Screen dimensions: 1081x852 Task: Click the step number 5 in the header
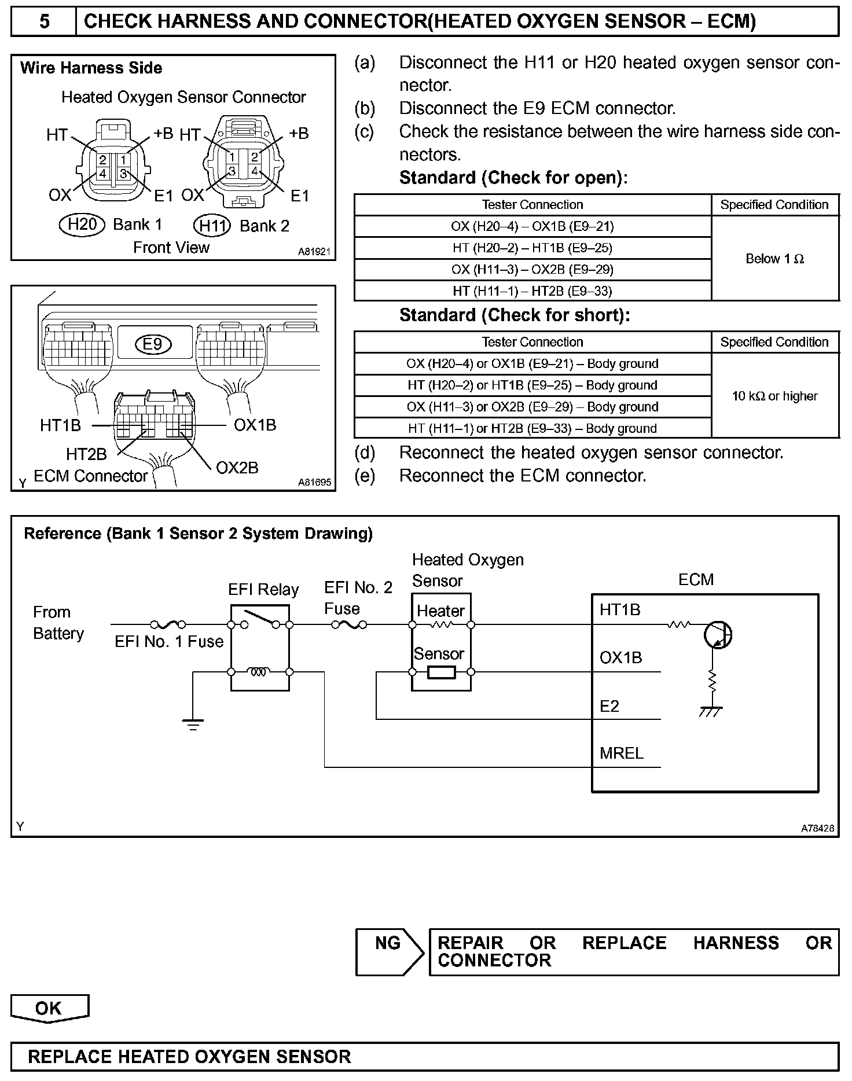[x=44, y=22]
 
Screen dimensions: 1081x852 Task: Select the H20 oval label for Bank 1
[x=82, y=224]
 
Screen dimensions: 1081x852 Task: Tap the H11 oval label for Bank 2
[x=212, y=225]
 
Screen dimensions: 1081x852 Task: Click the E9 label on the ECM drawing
[x=153, y=344]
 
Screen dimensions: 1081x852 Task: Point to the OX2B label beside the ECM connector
[x=237, y=468]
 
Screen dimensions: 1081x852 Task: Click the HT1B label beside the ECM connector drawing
[x=60, y=425]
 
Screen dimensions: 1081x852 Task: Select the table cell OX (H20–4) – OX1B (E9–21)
[x=532, y=226]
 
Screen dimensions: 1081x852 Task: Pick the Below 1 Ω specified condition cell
[x=774, y=259]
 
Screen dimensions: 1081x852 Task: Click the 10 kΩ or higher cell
[x=774, y=396]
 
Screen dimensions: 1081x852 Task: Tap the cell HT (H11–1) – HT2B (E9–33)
[x=532, y=291]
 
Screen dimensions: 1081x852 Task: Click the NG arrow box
[x=389, y=952]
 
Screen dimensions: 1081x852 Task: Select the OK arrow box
[x=49, y=1009]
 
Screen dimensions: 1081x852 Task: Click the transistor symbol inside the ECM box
[x=718, y=635]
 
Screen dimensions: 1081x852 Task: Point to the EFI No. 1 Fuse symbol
[x=168, y=624]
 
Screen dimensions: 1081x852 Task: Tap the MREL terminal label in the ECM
[x=622, y=753]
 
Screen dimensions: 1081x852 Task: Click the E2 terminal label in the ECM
[x=609, y=706]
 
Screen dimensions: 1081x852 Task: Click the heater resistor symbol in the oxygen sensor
[x=441, y=625]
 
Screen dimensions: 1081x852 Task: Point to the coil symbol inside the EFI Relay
[x=259, y=672]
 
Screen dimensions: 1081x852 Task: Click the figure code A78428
[x=817, y=829]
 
